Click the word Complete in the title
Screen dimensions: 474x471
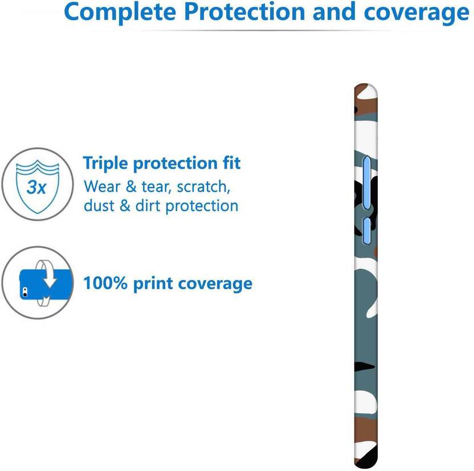(x=120, y=13)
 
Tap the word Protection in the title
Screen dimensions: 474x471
(x=244, y=11)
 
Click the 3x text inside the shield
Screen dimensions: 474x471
(x=36, y=187)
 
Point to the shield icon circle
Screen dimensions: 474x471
(x=38, y=184)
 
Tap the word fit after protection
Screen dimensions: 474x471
(x=231, y=163)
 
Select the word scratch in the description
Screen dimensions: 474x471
(x=203, y=187)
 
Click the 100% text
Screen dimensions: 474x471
(x=105, y=283)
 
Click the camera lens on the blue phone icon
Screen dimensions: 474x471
(x=24, y=291)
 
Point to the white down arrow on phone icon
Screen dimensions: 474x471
(x=50, y=277)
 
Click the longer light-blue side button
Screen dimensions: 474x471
(x=367, y=182)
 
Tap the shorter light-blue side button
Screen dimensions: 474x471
(x=367, y=230)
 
